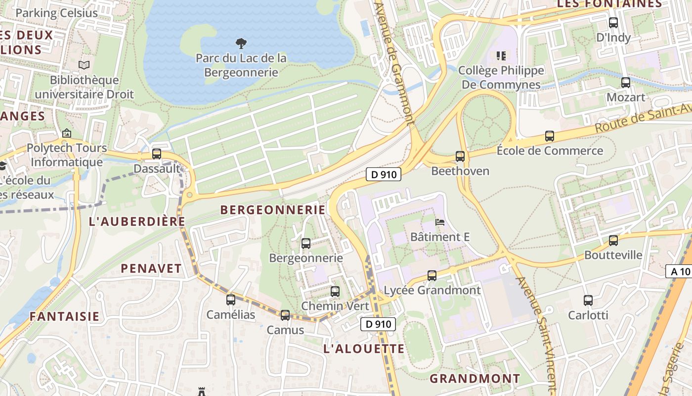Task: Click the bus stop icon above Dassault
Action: tap(157, 154)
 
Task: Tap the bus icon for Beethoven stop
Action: tap(460, 156)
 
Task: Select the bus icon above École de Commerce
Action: tap(549, 136)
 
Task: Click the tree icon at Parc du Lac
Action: tap(241, 44)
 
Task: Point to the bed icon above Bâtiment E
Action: tap(439, 222)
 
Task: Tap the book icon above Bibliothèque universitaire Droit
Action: tap(84, 65)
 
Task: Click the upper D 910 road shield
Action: tap(383, 174)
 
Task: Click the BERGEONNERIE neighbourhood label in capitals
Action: tap(273, 210)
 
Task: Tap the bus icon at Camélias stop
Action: tap(231, 299)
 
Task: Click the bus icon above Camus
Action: tap(285, 315)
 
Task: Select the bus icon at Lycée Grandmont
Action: tap(432, 275)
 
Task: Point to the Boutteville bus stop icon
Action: tap(613, 241)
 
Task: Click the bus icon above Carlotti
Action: tap(588, 300)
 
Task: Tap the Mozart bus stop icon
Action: tap(626, 83)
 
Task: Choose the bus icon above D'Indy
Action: tap(613, 23)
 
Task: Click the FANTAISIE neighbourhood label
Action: tap(64, 316)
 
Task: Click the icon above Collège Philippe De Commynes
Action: tap(501, 55)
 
